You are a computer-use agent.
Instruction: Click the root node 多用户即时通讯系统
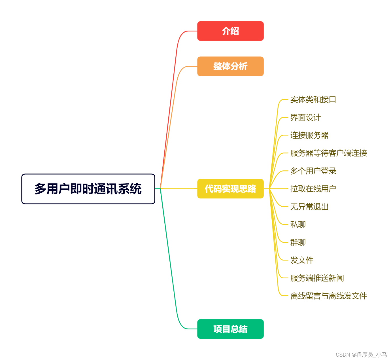coord(88,189)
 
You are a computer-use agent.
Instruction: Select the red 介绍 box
coord(230,31)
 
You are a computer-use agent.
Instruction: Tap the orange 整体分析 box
coord(230,66)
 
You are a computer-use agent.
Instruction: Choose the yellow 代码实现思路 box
coord(230,189)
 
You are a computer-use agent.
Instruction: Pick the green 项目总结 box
coord(230,329)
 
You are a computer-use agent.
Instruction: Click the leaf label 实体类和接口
coord(313,99)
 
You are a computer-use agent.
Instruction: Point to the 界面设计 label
coord(305,117)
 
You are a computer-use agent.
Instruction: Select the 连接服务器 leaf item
coord(309,135)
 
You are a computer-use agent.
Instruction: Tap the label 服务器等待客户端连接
coord(328,153)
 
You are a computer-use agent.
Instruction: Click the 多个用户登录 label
coord(313,171)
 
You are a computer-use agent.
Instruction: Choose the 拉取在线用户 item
coord(313,189)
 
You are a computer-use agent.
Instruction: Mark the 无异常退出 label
coord(309,207)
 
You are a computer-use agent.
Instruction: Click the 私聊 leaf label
coord(298,225)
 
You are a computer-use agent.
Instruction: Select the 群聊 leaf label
coord(298,242)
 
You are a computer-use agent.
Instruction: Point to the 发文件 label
coord(302,260)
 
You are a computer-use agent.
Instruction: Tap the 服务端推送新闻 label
coord(317,278)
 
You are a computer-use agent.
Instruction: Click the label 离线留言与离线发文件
coord(328,296)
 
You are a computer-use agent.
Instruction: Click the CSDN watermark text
coord(361,355)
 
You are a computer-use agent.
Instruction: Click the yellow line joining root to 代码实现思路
coord(178,189)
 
